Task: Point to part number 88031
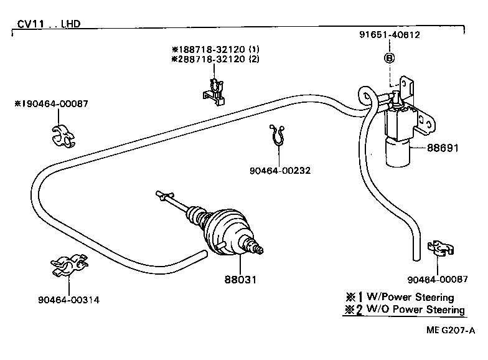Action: pos(240,280)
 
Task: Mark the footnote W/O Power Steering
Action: pos(416,310)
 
